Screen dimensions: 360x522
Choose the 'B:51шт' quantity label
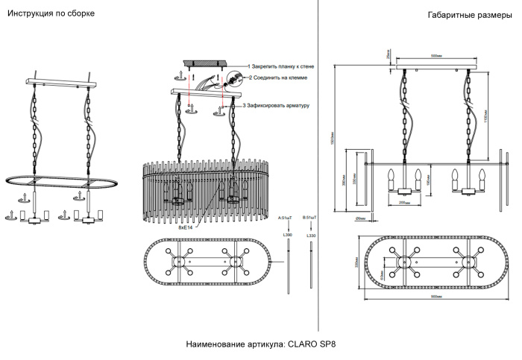point(311,218)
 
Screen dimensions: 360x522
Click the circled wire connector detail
point(234,77)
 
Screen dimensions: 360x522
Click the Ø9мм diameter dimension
point(360,218)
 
